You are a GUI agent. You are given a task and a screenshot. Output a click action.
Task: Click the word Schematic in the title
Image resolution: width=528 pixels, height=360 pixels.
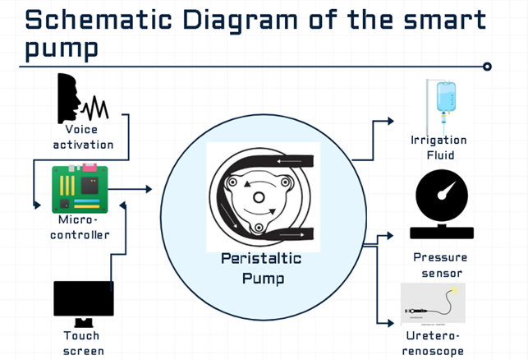99,20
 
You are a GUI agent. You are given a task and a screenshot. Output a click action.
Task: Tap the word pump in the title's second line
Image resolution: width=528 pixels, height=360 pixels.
62,49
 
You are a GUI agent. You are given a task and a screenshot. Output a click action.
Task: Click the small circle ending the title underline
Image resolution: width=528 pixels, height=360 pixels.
487,67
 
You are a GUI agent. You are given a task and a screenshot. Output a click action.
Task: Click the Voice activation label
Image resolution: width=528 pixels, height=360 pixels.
83,137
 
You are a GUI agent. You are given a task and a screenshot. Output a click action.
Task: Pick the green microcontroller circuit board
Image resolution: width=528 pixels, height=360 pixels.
80,188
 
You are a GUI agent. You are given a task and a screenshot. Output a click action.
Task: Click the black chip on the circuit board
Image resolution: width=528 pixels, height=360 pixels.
90,186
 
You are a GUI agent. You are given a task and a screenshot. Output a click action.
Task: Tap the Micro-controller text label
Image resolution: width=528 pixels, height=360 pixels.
80,228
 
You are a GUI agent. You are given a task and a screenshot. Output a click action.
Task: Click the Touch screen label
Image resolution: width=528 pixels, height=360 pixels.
83,343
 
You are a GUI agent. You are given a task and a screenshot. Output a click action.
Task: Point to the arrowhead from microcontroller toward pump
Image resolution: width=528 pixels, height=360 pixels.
149,189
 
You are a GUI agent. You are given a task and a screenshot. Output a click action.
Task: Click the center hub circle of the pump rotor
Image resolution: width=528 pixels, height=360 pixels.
259,197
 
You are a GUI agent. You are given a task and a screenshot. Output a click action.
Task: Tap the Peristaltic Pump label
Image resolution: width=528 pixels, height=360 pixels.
262,268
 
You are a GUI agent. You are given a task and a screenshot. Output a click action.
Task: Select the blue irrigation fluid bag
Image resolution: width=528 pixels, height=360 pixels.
446,96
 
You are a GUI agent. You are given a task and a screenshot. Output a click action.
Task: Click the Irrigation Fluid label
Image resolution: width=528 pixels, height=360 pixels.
438,148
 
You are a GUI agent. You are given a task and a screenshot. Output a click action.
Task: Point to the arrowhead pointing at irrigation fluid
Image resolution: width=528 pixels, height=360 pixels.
391,121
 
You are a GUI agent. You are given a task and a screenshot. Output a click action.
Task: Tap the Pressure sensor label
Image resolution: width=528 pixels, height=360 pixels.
440,265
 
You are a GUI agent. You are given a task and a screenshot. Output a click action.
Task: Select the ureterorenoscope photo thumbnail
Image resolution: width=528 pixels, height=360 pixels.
433,304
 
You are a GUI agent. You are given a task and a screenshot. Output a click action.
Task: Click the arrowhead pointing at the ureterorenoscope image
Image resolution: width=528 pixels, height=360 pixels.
391,323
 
